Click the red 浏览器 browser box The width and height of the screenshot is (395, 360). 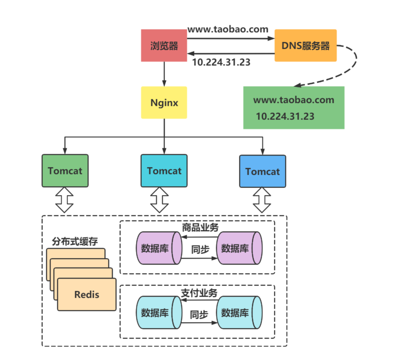[x=164, y=46]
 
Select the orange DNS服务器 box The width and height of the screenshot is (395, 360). [x=306, y=46]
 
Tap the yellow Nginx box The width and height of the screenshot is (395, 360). [x=164, y=102]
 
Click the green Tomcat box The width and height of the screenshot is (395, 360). [x=65, y=171]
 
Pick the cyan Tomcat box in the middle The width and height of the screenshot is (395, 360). [x=164, y=171]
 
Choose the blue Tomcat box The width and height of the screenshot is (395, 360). [x=263, y=171]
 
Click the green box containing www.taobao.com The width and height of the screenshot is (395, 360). [x=294, y=108]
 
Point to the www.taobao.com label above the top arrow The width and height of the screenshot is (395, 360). [x=228, y=29]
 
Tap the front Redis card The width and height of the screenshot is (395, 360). [x=86, y=295]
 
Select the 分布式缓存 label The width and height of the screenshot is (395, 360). [x=74, y=242]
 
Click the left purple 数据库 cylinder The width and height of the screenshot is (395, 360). [x=158, y=248]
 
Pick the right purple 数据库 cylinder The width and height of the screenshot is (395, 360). [x=239, y=248]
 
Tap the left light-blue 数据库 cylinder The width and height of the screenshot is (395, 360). [x=158, y=313]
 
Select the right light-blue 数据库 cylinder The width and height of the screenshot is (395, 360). [x=239, y=313]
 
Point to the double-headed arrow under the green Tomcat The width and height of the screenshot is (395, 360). [x=65, y=200]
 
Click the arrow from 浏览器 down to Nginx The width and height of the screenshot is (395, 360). [x=164, y=74]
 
